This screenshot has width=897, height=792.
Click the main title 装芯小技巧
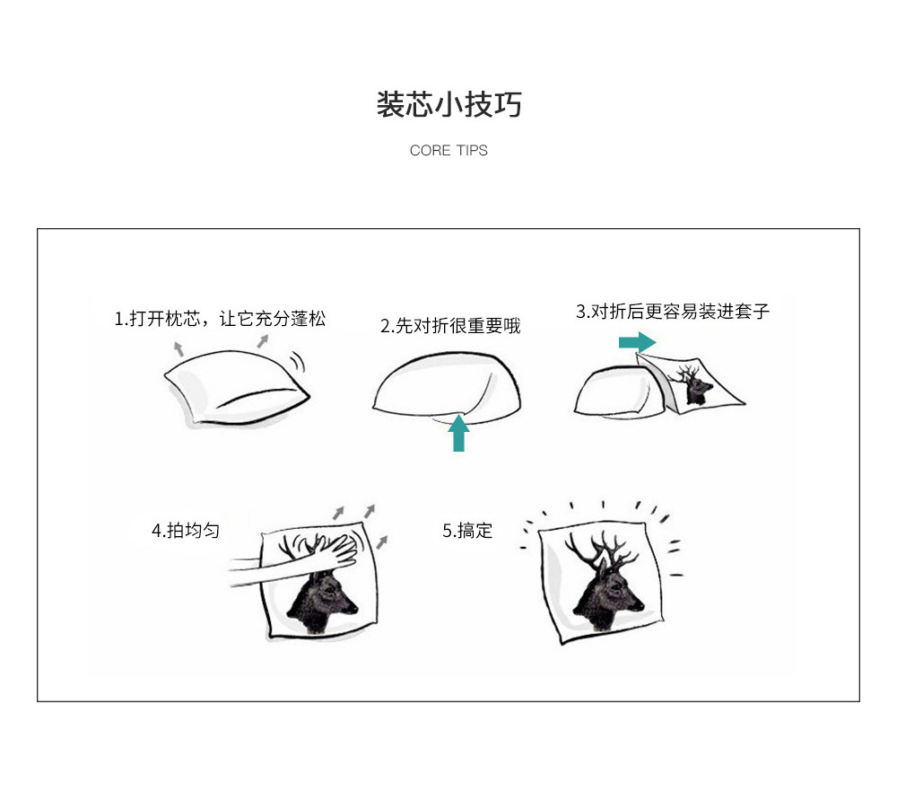click(448, 104)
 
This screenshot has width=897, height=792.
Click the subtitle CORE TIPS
click(448, 151)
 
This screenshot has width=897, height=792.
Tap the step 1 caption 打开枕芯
click(220, 318)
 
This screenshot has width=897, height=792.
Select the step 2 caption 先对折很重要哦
click(450, 326)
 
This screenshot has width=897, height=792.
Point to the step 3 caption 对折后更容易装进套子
click(673, 312)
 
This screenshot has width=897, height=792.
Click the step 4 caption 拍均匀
click(186, 531)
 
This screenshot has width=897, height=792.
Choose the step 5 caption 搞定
click(467, 531)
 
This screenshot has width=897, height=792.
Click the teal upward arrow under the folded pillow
click(458, 433)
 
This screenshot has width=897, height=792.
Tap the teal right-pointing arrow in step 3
click(637, 342)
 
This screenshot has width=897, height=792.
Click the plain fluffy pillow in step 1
click(235, 387)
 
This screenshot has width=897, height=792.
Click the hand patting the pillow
click(326, 549)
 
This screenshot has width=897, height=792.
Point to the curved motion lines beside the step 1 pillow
click(298, 361)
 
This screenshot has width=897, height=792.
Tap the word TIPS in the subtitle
click(472, 151)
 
